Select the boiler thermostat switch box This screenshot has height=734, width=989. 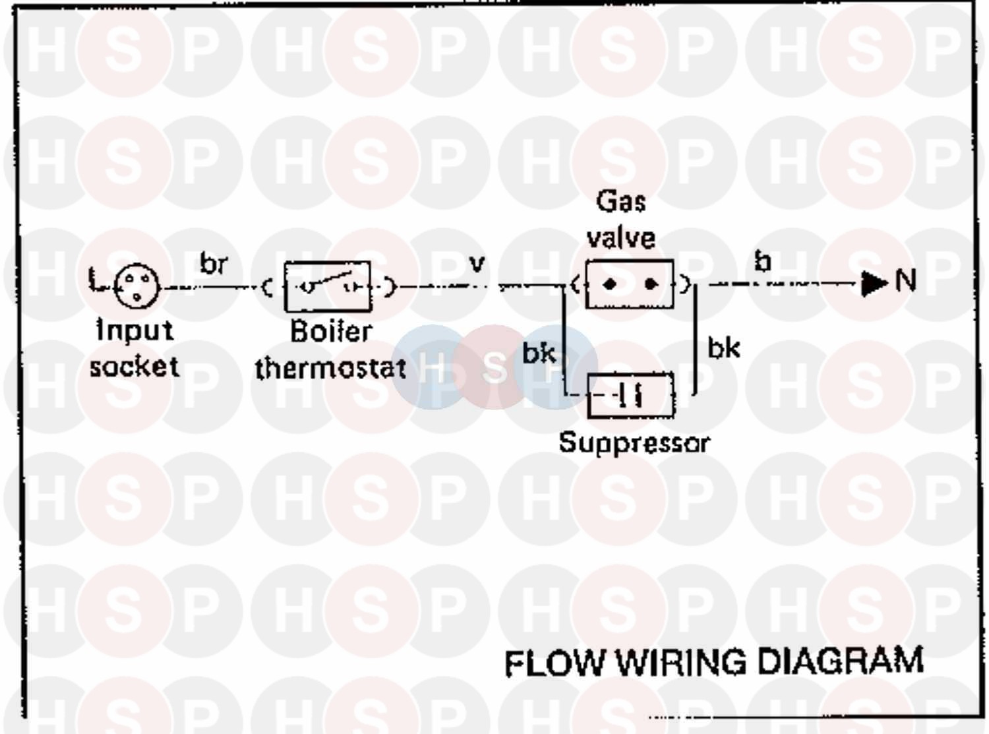click(x=328, y=286)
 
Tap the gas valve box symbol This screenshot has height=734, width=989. click(x=630, y=284)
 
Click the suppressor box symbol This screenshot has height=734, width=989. click(x=631, y=395)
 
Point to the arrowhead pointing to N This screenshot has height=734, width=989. click(x=874, y=284)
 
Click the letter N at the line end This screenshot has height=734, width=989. click(x=906, y=281)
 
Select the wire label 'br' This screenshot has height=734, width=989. click(x=214, y=264)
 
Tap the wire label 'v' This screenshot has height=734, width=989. click(x=477, y=264)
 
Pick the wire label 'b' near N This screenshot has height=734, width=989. click(x=763, y=262)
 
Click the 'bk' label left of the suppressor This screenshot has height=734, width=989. click(x=539, y=353)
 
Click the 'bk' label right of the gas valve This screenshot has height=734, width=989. click(x=723, y=348)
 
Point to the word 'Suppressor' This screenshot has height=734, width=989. click(x=634, y=442)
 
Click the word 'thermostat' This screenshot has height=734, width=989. click(x=330, y=368)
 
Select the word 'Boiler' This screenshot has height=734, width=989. click(x=331, y=331)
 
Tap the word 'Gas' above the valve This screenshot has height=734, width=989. click(x=620, y=200)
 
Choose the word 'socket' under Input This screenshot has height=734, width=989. click(x=135, y=366)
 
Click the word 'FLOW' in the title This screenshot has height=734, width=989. click(x=554, y=663)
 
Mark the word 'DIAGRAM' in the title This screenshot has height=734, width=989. click(x=841, y=661)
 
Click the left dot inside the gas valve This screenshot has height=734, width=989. click(x=610, y=284)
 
